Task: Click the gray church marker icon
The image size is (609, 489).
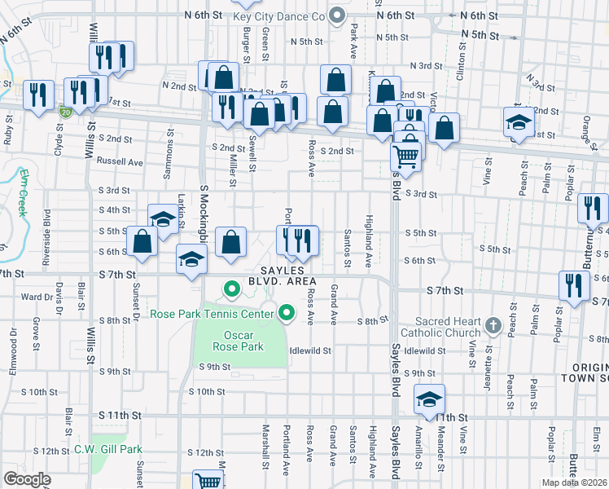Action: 491,326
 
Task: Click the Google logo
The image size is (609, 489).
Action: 27,479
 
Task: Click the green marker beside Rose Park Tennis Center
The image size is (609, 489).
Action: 286,313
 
